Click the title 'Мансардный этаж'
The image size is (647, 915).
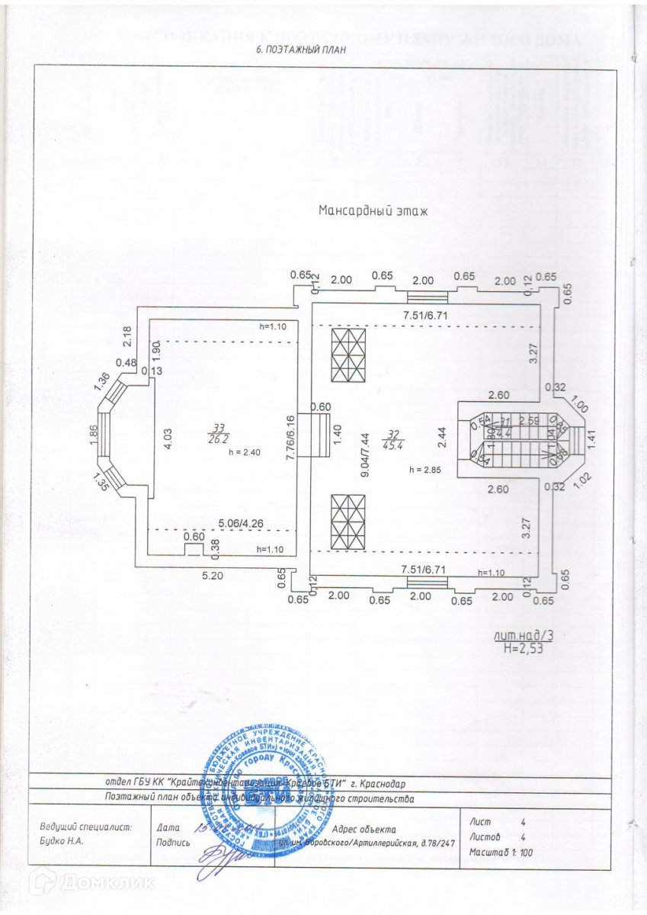pyautogui.click(x=373, y=211)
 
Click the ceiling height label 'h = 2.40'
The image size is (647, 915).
pyautogui.click(x=245, y=452)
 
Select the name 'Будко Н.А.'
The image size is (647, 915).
pyautogui.click(x=61, y=842)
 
